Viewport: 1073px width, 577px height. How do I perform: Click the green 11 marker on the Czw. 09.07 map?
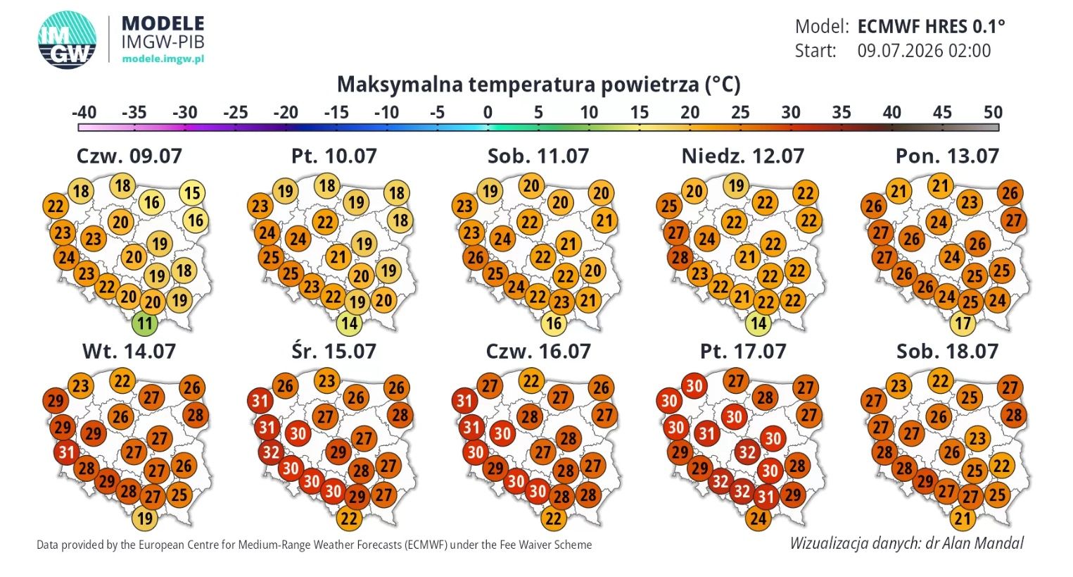coord(145,324)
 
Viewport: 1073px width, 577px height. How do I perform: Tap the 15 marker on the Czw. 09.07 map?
coord(192,193)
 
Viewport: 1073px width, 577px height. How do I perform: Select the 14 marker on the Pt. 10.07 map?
coord(349,324)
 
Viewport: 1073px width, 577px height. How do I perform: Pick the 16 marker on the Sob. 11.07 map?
coord(554,324)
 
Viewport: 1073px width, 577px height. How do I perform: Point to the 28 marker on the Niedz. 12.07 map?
coord(680,258)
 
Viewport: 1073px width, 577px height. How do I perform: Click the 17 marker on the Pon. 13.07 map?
coord(963,324)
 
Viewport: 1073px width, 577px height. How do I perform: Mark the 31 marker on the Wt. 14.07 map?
coord(67,452)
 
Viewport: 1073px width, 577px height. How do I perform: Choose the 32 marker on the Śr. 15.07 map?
coord(271,452)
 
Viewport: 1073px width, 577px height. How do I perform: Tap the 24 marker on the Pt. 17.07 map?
coord(758,518)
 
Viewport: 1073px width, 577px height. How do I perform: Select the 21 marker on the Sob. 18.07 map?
coord(963,518)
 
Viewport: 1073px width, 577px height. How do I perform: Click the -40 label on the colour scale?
coord(84,113)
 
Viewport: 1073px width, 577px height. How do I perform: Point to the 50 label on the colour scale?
coord(993,113)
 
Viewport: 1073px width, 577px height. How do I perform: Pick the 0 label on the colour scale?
coord(488,113)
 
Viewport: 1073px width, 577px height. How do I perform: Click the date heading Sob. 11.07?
coord(538,156)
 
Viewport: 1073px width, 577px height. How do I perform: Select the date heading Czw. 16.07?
coord(538,352)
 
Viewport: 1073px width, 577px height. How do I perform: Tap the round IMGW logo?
coord(67,40)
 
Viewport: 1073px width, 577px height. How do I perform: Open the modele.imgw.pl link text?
coord(163,59)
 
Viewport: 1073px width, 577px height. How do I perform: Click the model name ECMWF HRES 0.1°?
coord(931,26)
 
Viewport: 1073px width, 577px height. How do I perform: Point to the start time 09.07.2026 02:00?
coord(924,51)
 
